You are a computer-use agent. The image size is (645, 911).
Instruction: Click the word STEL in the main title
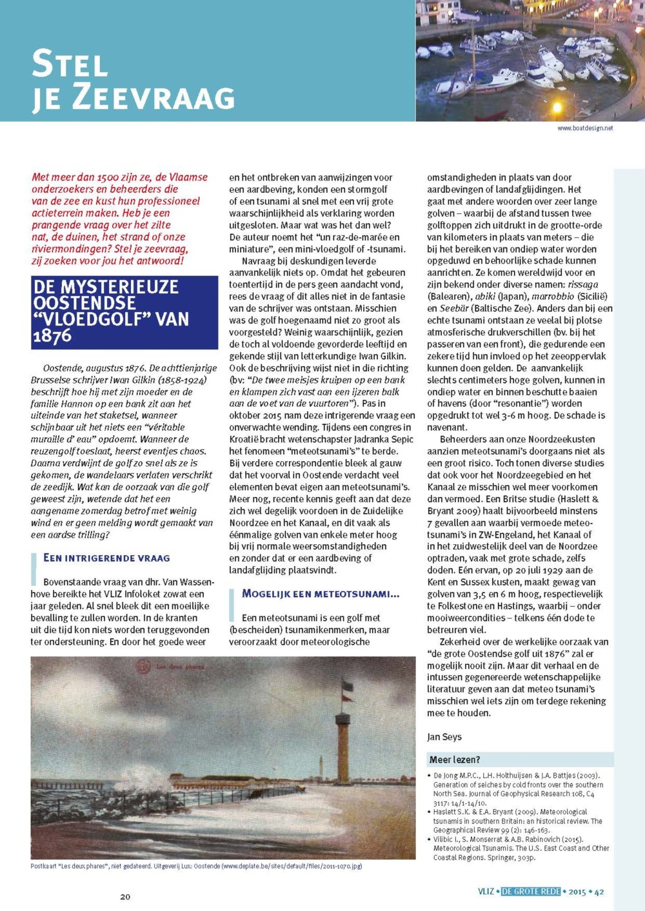click(70, 64)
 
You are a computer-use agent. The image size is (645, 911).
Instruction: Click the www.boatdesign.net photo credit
click(585, 128)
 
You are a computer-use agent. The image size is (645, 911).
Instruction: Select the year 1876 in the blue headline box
click(52, 336)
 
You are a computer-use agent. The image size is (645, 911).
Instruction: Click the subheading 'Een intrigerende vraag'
click(106, 558)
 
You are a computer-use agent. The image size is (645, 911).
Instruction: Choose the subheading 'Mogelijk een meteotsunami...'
click(321, 594)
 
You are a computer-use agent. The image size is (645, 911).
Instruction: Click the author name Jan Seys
click(444, 737)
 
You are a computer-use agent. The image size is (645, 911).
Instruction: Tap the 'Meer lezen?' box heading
click(455, 759)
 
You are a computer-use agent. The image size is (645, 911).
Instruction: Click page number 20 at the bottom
click(125, 896)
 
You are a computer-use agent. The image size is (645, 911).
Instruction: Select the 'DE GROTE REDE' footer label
click(531, 892)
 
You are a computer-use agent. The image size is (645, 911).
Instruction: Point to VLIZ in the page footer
click(486, 892)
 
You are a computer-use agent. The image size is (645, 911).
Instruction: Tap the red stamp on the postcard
click(143, 666)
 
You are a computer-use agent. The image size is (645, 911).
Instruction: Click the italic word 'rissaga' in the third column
click(583, 284)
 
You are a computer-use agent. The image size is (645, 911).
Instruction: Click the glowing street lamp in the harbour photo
click(557, 107)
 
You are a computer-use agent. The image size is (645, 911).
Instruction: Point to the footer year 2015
click(577, 892)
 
